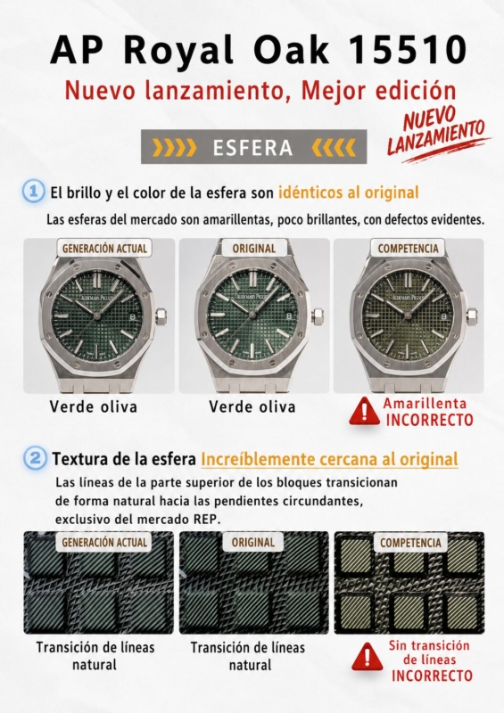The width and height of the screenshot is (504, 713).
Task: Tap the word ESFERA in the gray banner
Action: pyautogui.click(x=253, y=147)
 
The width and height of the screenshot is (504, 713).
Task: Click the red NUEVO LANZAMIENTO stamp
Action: pyautogui.click(x=435, y=132)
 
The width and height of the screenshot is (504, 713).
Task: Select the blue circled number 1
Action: pyautogui.click(x=33, y=192)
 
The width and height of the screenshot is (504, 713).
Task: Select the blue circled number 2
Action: pyautogui.click(x=35, y=458)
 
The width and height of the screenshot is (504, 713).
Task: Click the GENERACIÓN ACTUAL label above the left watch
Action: pyautogui.click(x=104, y=249)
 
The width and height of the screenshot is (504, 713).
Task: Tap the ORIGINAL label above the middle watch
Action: pyautogui.click(x=254, y=249)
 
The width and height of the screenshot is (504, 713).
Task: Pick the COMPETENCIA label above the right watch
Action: pyautogui.click(x=408, y=249)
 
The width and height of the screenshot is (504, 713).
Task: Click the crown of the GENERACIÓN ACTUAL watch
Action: pyautogui.click(x=161, y=316)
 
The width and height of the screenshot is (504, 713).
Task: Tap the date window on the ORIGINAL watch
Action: pyautogui.click(x=289, y=316)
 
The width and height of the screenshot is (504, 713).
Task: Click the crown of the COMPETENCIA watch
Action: pyautogui.click(x=472, y=316)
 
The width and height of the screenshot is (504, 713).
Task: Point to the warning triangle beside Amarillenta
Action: pyautogui.click(x=364, y=412)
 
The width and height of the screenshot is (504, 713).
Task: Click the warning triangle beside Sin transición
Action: pyautogui.click(x=367, y=657)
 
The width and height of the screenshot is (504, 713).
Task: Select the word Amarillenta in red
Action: pyautogui.click(x=425, y=404)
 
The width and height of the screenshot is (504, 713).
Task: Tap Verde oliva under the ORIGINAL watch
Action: pyautogui.click(x=252, y=406)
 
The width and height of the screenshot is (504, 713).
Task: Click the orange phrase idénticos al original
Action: pyautogui.click(x=348, y=193)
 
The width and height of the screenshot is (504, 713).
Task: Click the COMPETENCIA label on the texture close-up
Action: pyautogui.click(x=410, y=543)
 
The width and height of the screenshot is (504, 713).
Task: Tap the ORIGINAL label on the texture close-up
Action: pyautogui.click(x=253, y=542)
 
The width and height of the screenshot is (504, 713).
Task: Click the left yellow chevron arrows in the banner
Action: pyautogui.click(x=175, y=147)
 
